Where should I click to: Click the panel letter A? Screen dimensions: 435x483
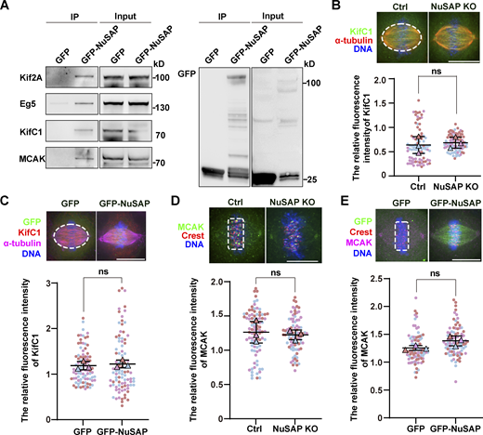click(6, 7)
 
